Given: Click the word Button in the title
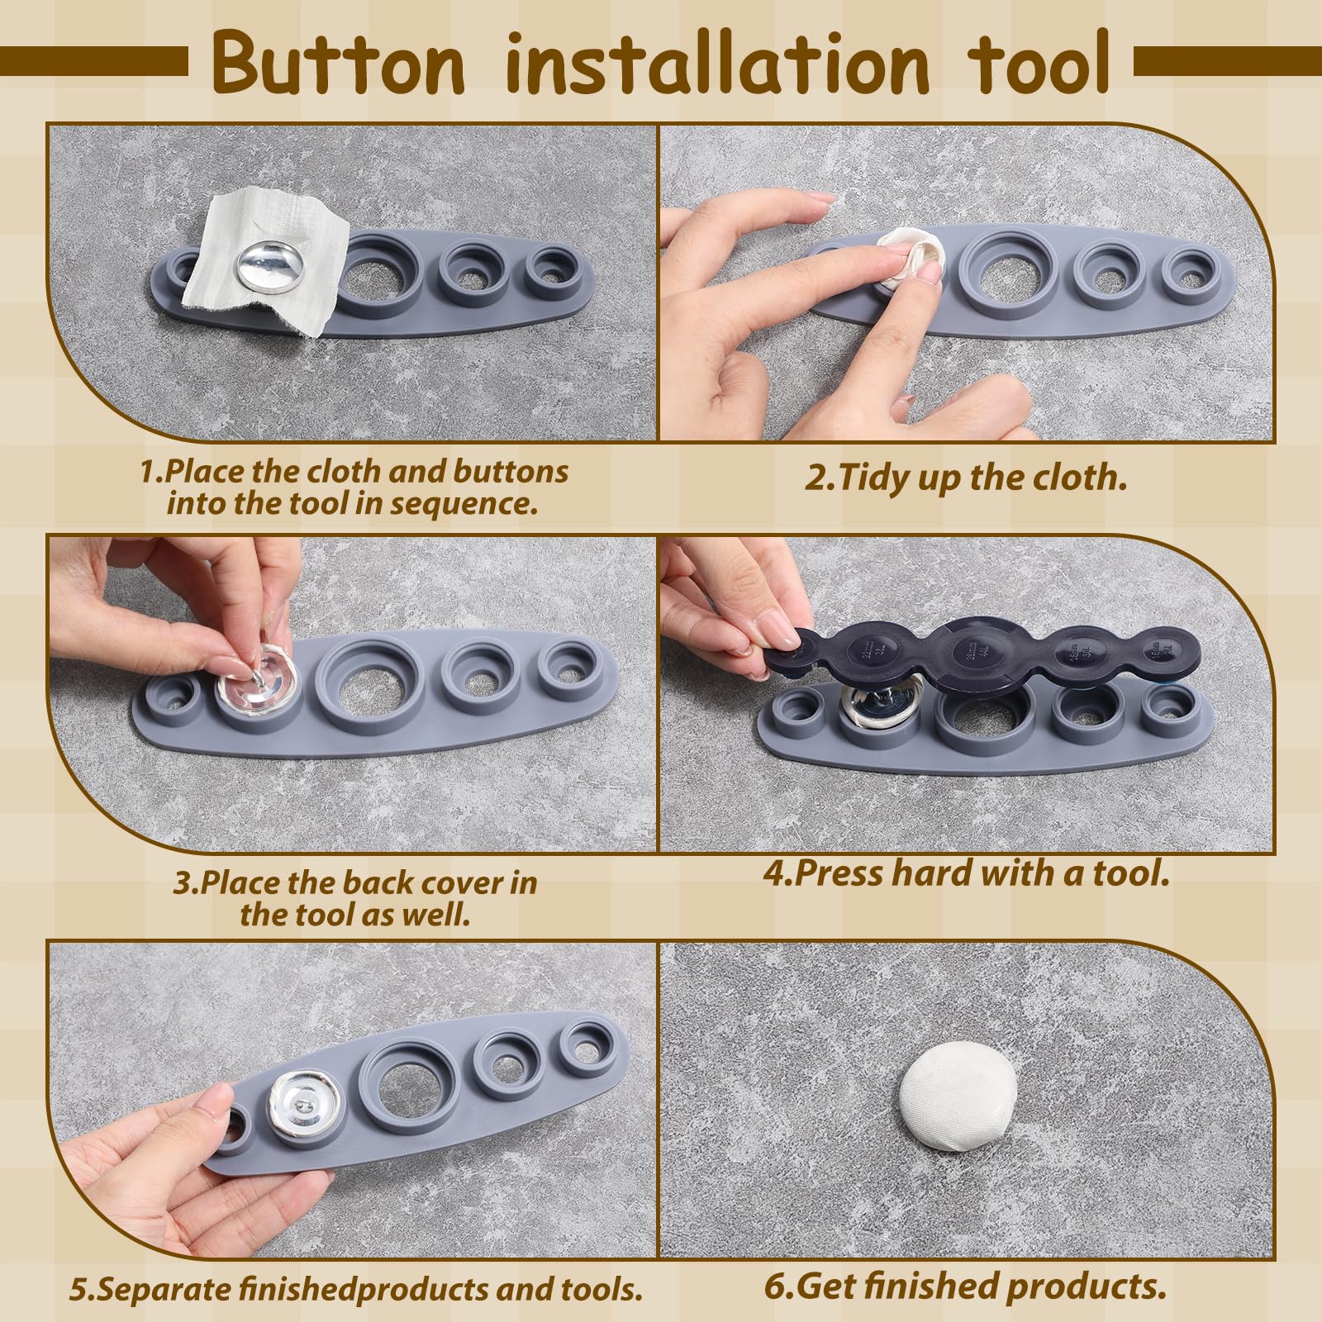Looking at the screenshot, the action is [337, 64].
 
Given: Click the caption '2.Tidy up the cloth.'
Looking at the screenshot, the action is [966, 478].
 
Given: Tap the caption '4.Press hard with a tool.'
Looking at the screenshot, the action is [967, 873].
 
